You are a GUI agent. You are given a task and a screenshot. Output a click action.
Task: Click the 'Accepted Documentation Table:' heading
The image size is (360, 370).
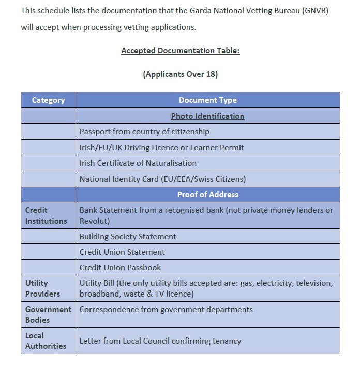coord(180,51)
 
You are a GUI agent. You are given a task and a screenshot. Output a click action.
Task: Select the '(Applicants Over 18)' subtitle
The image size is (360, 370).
coord(180,74)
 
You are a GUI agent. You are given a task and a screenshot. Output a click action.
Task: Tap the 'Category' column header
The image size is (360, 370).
coord(48,100)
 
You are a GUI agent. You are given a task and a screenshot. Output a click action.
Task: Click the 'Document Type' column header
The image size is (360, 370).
coord(207,100)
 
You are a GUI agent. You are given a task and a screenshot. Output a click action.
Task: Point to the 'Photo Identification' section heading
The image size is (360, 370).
coord(207,116)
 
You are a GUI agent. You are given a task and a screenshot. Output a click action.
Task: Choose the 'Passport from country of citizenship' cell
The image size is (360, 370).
coord(144,132)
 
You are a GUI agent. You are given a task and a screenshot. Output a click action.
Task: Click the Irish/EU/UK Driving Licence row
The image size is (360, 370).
coord(161,147)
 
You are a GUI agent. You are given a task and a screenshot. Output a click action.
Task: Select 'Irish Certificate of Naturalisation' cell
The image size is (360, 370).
coord(138,163)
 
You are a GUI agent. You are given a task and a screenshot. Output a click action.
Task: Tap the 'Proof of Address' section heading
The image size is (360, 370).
coord(207,195)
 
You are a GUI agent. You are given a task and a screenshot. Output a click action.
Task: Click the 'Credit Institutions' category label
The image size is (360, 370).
coord(46,215)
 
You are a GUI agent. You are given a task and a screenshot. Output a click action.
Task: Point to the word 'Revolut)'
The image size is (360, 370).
coord(94,221)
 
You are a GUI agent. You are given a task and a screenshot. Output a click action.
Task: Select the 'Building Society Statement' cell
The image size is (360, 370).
coord(128,237)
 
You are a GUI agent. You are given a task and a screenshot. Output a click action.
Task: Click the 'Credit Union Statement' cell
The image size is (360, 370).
coord(122,252)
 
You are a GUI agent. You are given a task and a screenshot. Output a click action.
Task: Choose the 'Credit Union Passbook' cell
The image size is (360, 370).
coord(120,268)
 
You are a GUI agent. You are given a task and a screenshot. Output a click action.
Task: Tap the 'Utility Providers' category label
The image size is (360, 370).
coord(42,288)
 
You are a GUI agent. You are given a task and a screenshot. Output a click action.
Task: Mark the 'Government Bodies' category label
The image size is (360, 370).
coord(48,315)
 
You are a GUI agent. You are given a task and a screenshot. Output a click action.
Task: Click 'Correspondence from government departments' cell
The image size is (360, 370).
coord(166,310)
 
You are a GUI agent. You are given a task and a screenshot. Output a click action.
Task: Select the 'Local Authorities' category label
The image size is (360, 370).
coord(46,341)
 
